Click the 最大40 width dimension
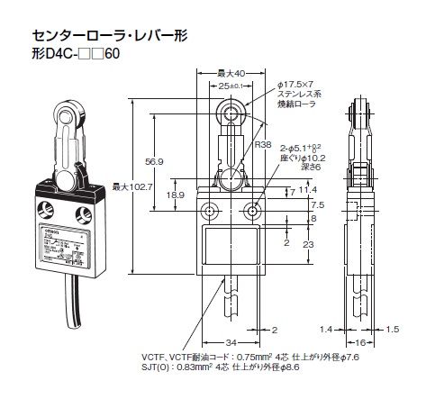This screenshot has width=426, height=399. click(233, 72)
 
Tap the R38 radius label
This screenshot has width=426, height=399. click(262, 143)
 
